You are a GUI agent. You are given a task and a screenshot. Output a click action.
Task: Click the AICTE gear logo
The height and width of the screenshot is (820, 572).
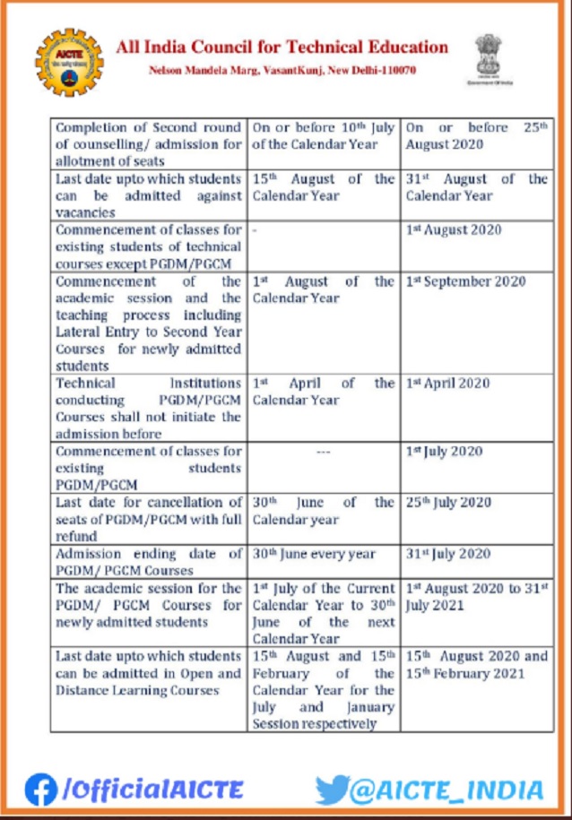pos(69,61)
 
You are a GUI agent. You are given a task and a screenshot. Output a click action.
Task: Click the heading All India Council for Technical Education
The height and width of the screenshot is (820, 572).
pos(282,47)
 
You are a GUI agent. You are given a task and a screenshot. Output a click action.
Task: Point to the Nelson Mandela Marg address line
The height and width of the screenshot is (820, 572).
pos(282,71)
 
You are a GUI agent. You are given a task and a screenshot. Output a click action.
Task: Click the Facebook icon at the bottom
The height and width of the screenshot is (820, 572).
pos(39,789)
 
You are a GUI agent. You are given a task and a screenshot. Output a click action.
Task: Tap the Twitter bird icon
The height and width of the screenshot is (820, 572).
pos(332,789)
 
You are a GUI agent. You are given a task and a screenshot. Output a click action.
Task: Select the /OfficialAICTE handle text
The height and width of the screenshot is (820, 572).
pos(152,790)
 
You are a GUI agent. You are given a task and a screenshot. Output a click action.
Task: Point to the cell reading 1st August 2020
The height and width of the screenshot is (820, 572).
pos(454,230)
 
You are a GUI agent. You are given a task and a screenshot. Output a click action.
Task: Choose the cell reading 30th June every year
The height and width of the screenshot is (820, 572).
pos(315,554)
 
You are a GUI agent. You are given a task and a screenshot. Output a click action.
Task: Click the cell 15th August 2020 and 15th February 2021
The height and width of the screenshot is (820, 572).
pos(476,664)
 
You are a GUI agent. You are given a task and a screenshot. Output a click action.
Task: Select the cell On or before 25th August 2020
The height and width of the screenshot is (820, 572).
pos(476,135)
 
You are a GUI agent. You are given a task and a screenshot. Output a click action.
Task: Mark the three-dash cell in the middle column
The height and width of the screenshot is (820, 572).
pos(324,453)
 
